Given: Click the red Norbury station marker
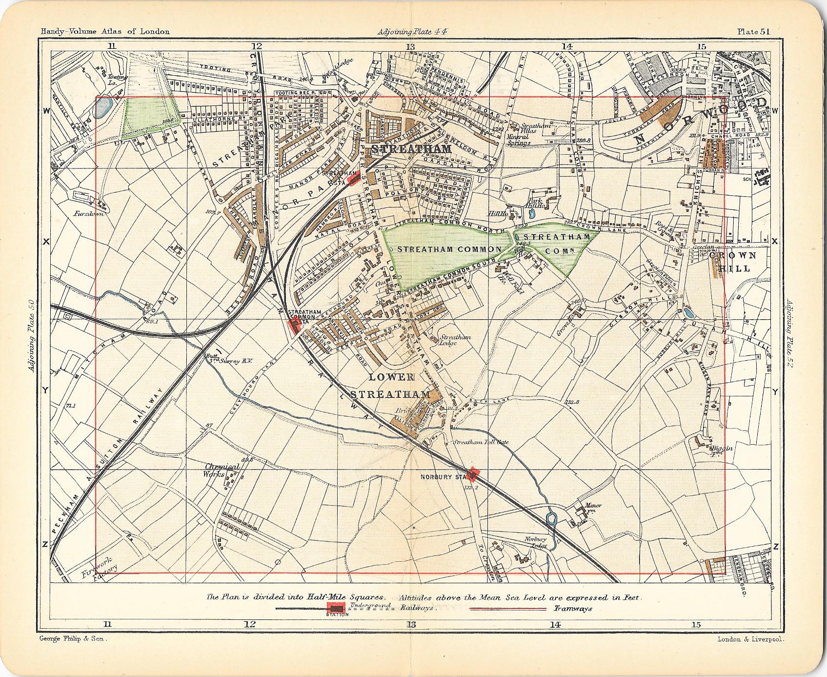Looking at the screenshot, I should pyautogui.click(x=474, y=472).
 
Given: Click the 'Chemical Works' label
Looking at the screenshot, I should pyautogui.click(x=222, y=470).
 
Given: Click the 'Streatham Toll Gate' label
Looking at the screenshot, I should pyautogui.click(x=481, y=442).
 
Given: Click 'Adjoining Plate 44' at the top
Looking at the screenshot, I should pyautogui.click(x=412, y=32).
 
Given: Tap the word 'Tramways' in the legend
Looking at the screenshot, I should pyautogui.click(x=573, y=609).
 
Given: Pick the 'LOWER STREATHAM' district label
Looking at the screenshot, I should pyautogui.click(x=398, y=386).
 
